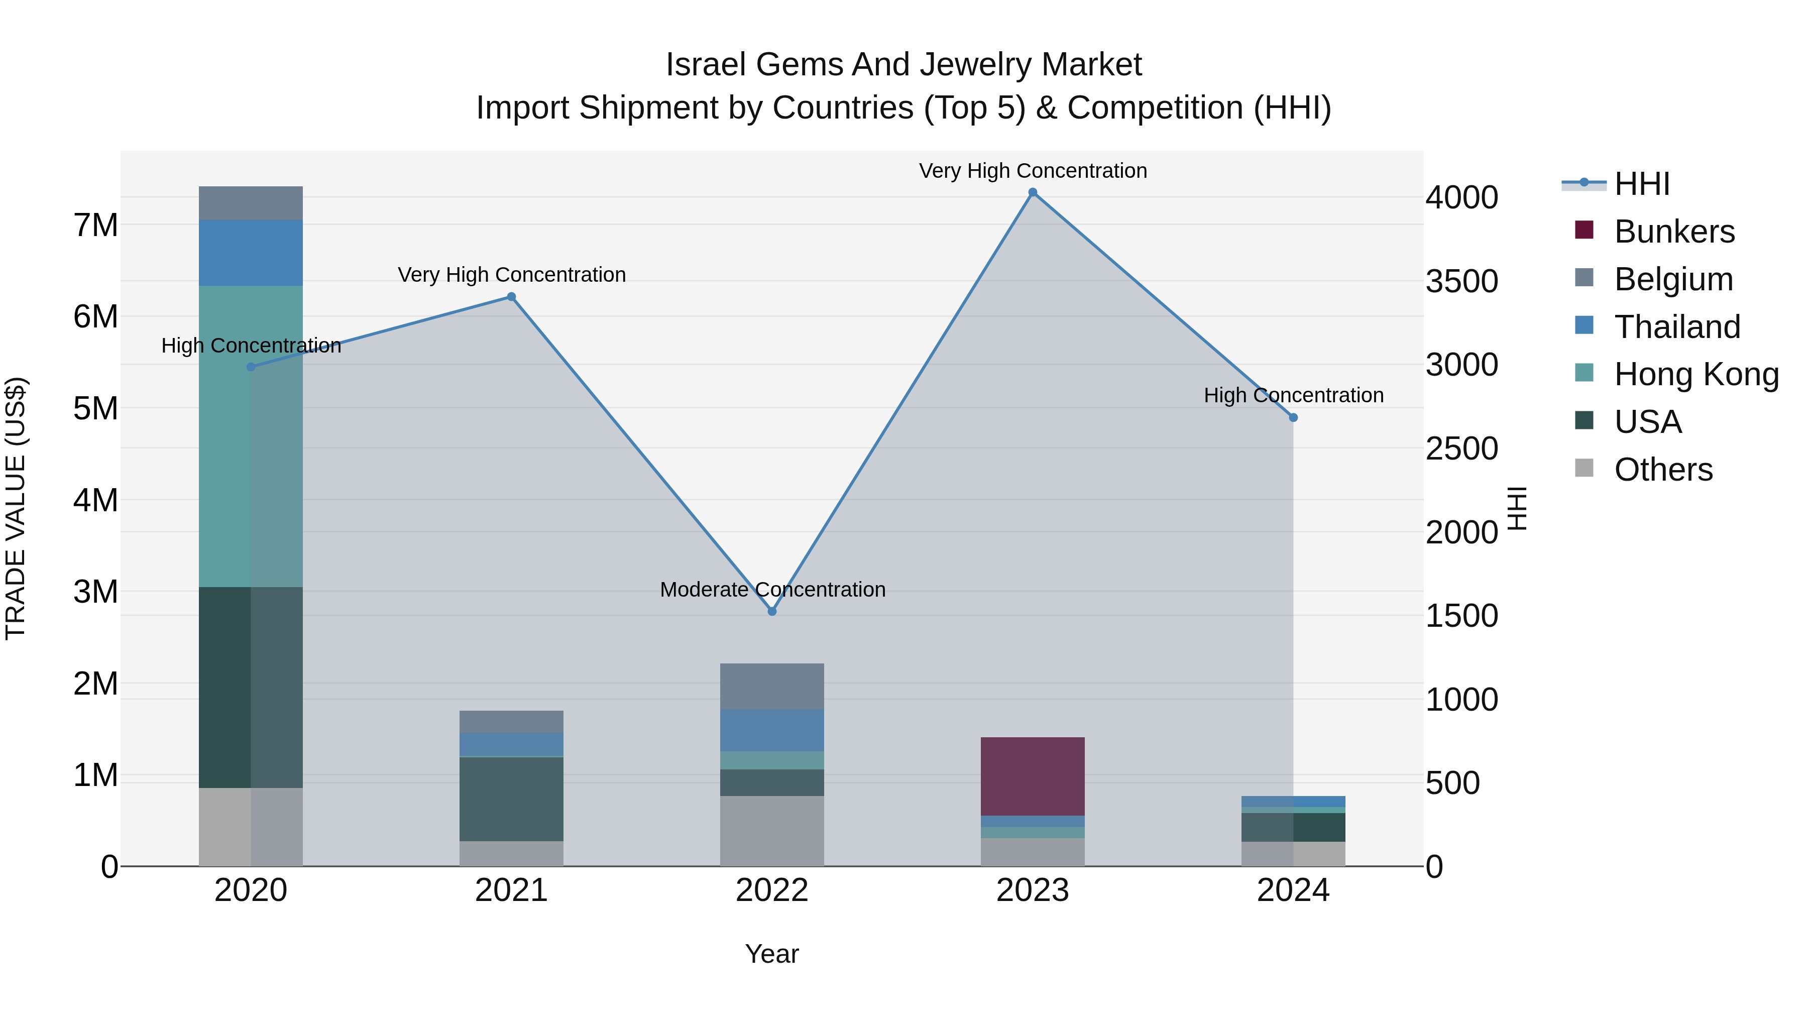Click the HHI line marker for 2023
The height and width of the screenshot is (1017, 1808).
[1033, 192]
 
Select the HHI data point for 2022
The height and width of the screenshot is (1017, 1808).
[772, 611]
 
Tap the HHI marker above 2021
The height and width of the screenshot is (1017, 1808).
[512, 297]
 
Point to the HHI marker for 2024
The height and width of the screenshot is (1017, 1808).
[1294, 418]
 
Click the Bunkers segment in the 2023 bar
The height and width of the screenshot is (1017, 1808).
[1033, 776]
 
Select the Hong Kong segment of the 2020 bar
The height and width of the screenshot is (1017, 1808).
[251, 436]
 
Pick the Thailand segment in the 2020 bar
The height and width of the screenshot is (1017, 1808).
[251, 253]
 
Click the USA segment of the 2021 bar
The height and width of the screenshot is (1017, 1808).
[512, 799]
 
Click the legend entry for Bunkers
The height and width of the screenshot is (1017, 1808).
[1673, 232]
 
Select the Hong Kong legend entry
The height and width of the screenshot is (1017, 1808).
[1695, 374]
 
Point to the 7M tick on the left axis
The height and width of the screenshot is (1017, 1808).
[95, 225]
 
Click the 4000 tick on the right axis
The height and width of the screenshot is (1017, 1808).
[1461, 197]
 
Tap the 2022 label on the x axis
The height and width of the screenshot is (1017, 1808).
[772, 890]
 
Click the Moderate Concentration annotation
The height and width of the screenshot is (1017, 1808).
[772, 590]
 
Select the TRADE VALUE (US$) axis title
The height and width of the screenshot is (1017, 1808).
[16, 508]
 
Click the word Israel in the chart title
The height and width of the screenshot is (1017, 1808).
[706, 65]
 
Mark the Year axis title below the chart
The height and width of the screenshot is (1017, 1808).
[772, 954]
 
